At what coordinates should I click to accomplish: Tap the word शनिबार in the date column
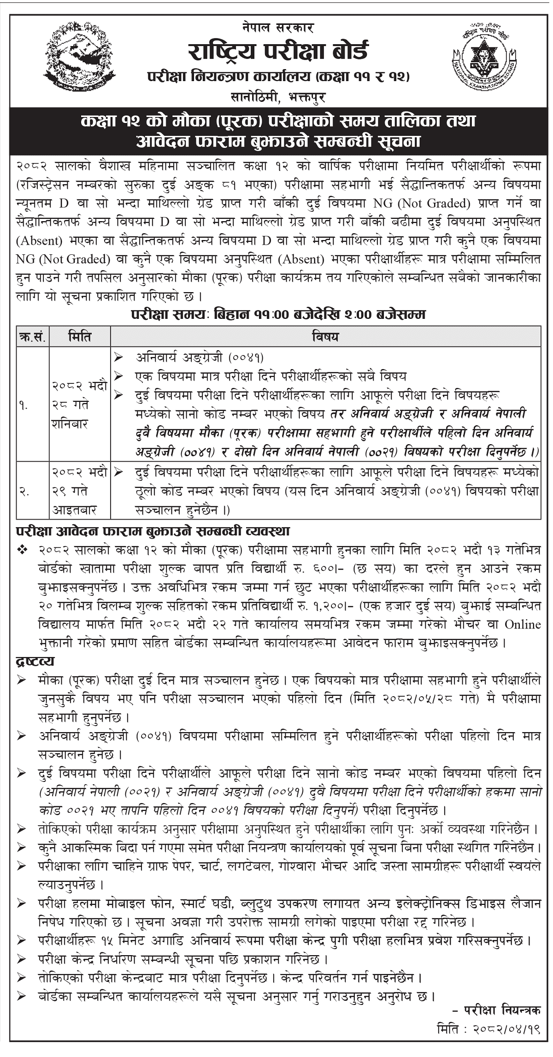pyautogui.click(x=70, y=424)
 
